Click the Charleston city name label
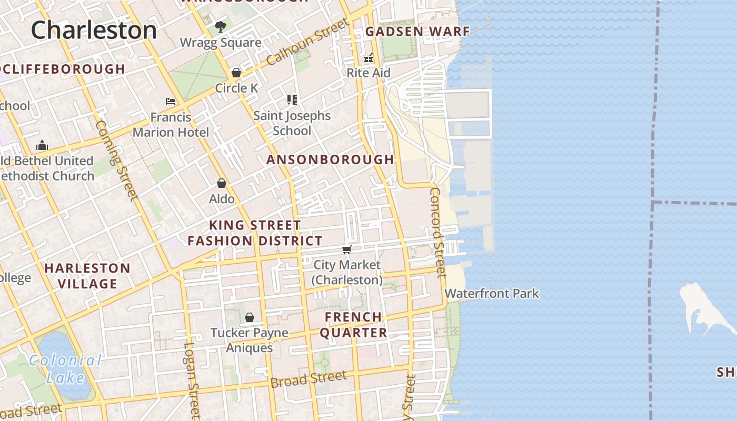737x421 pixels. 94,30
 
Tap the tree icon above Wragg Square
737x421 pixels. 220,26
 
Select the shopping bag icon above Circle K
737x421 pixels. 236,73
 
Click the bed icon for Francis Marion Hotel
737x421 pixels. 171,101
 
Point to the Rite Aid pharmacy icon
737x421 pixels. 368,57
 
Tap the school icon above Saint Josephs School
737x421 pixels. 292,100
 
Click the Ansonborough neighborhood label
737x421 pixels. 330,159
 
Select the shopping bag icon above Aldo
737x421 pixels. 222,183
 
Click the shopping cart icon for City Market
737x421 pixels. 346,249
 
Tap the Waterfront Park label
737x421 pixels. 492,293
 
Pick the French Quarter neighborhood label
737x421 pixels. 353,325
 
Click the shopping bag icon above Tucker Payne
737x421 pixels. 250,317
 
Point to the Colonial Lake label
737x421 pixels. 65,369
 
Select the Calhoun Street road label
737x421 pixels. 307,42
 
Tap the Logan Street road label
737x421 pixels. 192,380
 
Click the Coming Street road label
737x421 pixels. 117,161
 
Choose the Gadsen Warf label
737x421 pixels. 417,32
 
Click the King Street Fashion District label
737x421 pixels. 255,233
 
